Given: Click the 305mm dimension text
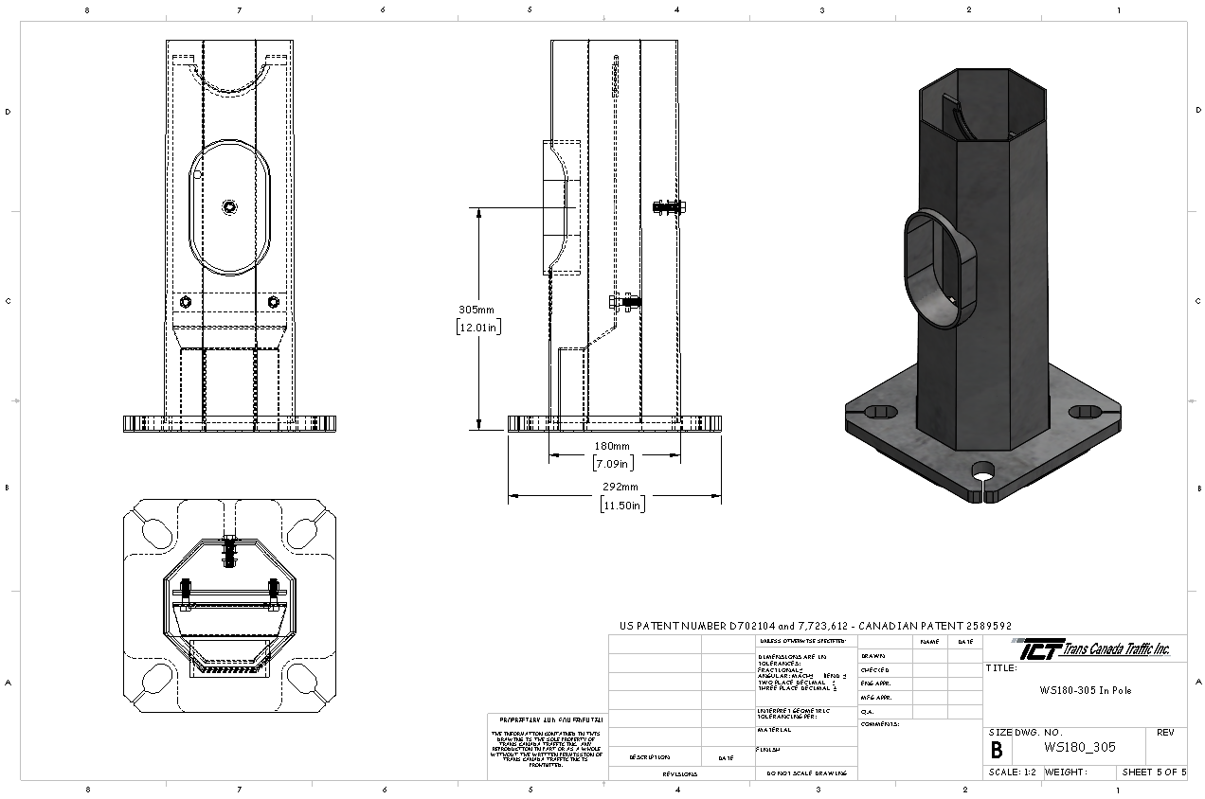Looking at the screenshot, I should pos(477,310).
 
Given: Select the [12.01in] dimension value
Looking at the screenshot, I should pos(477,328).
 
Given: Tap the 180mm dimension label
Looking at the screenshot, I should pos(612,446).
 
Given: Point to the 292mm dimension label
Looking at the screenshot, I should pos(621,487).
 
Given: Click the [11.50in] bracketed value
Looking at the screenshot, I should pos(622,505).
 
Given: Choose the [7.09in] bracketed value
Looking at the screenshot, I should pos(613,464).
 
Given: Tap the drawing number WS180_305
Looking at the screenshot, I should pos(1079,747).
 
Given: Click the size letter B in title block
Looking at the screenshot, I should pos(997,750).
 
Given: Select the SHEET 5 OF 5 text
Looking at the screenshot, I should pos(1153,772).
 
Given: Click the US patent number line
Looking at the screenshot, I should pos(815,626).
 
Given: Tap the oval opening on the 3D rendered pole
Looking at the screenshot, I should pos(932,270).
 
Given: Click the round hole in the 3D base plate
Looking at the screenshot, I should pos(982,471).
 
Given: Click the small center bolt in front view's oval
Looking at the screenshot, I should pos(230,206).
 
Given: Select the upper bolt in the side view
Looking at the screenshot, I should pos(669,206).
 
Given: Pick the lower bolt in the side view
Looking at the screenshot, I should pos(623,302).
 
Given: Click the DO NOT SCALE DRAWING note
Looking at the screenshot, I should pos(805,773).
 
